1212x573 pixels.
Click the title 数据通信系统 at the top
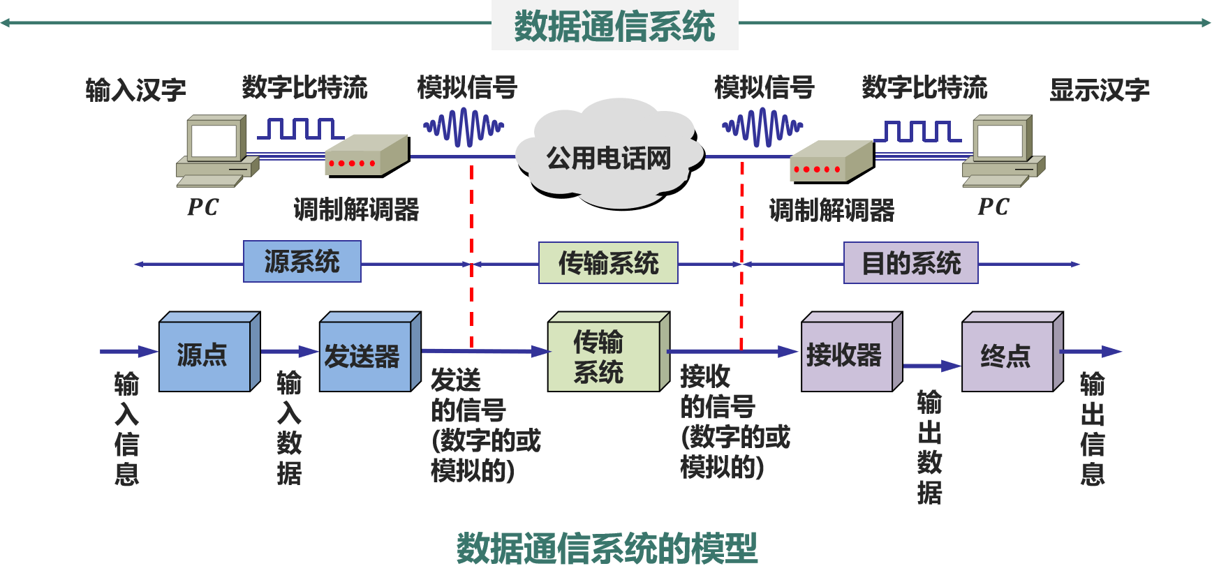[614, 26]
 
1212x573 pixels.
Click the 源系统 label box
[302, 262]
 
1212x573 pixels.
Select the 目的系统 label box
[910, 263]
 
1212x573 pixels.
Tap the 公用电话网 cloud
[609, 158]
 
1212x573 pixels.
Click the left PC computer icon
[216, 150]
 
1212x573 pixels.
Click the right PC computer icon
[1003, 150]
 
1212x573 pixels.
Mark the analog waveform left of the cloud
[463, 128]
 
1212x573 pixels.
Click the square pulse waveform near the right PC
[917, 131]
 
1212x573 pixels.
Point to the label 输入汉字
[135, 90]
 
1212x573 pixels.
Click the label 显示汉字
[1099, 90]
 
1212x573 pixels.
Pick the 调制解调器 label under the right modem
[832, 210]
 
